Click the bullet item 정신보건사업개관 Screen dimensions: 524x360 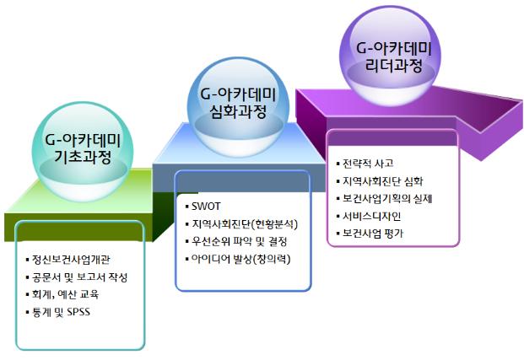[x=71, y=260]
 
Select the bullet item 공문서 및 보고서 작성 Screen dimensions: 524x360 [x=79, y=277]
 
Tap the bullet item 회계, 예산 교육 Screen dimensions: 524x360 [x=65, y=294]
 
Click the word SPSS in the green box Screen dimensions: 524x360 [x=78, y=312]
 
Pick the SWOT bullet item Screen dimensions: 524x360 [x=206, y=207]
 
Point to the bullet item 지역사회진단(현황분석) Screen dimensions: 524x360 [x=245, y=223]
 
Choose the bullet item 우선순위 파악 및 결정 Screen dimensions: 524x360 [x=240, y=241]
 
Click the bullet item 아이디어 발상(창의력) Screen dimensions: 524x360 [x=241, y=259]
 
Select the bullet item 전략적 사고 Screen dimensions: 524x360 [x=368, y=164]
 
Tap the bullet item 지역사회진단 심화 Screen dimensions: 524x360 [x=383, y=181]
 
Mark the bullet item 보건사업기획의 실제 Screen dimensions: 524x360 [x=387, y=199]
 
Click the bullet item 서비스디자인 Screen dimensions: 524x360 [x=371, y=216]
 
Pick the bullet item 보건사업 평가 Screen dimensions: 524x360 [x=373, y=234]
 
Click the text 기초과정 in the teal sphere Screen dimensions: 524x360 [x=83, y=156]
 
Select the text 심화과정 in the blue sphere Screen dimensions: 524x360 [x=239, y=111]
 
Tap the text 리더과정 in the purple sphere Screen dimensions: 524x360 [x=394, y=65]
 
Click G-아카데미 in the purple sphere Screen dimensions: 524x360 [x=394, y=48]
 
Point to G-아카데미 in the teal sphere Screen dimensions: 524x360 [x=83, y=140]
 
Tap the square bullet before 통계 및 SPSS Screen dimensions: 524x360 [x=27, y=313]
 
